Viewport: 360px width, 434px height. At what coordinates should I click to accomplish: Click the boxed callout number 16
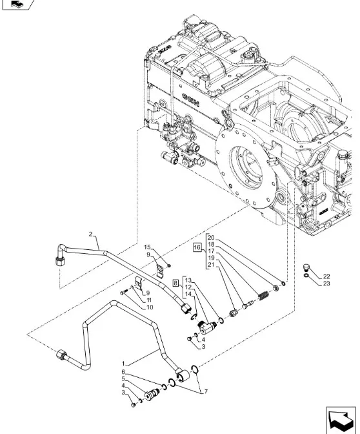[197, 247]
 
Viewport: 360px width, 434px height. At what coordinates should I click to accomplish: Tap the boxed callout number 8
[176, 283]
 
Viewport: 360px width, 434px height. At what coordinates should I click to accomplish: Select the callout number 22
[326, 276]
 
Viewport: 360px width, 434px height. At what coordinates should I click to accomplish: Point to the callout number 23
[326, 284]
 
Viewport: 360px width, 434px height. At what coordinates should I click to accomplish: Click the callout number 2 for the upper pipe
[91, 234]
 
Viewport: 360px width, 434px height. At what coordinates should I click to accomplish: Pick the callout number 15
[147, 247]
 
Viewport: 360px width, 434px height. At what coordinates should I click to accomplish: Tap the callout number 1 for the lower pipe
[123, 363]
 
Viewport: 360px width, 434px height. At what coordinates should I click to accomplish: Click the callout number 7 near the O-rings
[206, 391]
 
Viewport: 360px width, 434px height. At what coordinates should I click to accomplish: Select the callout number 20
[211, 238]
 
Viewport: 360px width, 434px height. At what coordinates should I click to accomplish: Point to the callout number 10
[150, 307]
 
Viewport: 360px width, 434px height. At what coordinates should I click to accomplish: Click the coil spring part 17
[263, 296]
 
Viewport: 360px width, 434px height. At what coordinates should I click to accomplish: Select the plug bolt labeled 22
[306, 267]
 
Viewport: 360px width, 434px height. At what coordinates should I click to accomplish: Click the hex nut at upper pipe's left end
[60, 261]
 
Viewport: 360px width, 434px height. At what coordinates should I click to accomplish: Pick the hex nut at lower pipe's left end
[61, 355]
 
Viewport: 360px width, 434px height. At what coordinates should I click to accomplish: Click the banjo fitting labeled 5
[153, 394]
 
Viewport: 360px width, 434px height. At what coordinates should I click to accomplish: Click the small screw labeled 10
[123, 292]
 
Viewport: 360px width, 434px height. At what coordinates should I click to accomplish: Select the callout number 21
[211, 265]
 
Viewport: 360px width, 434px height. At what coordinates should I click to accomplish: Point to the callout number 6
[123, 372]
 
